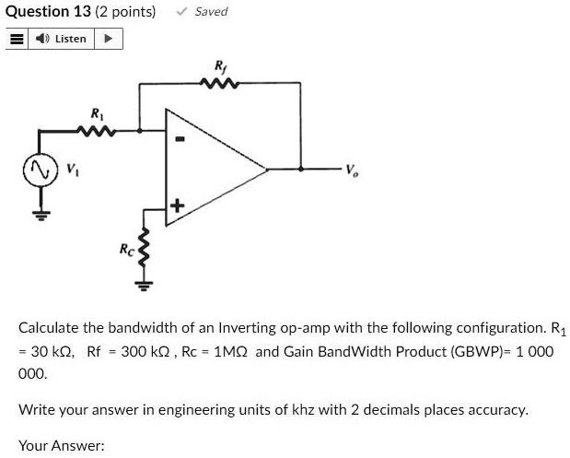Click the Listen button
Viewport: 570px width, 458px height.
coord(61,39)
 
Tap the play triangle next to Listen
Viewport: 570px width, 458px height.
coord(109,38)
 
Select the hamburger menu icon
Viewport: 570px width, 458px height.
coord(17,39)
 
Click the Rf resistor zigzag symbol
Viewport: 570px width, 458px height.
coord(219,84)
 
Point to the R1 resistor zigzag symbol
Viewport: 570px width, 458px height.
coord(97,131)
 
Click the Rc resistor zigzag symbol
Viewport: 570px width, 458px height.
coord(145,248)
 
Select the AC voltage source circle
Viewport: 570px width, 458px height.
coord(41,170)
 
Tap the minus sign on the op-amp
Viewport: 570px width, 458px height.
coord(180,138)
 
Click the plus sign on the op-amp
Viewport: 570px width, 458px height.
coord(177,206)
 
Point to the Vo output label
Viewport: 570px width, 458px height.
coord(352,170)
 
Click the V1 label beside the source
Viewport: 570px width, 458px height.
coord(72,170)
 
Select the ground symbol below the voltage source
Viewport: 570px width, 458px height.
coord(41,216)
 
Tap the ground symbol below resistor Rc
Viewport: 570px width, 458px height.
coord(145,286)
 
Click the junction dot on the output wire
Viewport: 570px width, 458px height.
coord(300,169)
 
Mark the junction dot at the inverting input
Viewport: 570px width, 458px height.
coord(140,130)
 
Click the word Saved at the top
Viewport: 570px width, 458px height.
coord(211,12)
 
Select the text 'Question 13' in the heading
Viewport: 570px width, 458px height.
coord(48,12)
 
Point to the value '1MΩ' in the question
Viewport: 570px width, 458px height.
coord(231,352)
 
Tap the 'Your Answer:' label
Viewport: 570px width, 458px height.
coord(62,446)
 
